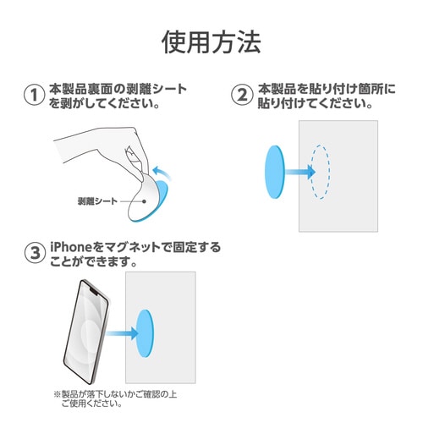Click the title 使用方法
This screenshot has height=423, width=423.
[x=211, y=41]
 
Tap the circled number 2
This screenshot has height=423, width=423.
[x=242, y=96]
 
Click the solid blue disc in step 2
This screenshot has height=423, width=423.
[x=276, y=172]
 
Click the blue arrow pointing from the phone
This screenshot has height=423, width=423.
[x=124, y=333]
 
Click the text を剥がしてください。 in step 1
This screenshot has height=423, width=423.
[x=106, y=104]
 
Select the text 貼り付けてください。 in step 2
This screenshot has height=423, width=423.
[x=315, y=104]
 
